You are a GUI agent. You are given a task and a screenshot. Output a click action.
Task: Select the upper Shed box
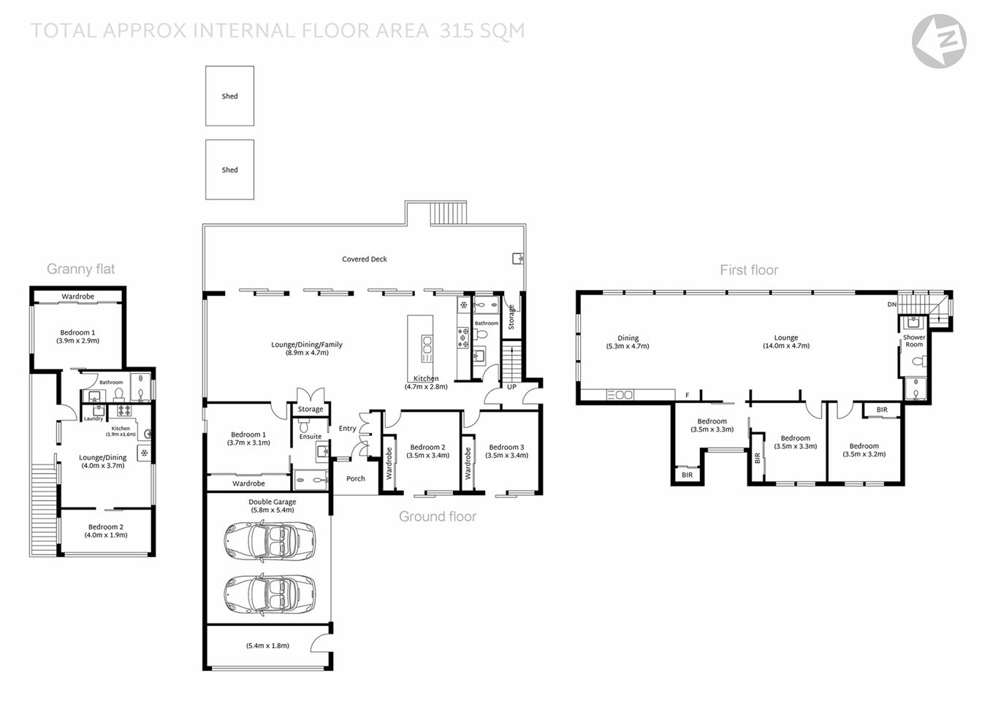[229, 96]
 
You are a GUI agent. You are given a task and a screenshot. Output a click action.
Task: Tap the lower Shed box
[229, 169]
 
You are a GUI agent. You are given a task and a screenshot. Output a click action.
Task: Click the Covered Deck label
[365, 259]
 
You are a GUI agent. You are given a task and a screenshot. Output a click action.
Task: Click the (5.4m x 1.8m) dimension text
[267, 646]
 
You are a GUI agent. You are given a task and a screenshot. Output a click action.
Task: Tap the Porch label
[356, 479]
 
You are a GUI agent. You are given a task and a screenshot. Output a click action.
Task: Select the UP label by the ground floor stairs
[511, 387]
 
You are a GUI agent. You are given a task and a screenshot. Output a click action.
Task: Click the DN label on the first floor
[891, 304]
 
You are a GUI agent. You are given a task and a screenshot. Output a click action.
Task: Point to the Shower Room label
[914, 341]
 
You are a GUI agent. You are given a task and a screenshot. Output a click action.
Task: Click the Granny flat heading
[80, 269]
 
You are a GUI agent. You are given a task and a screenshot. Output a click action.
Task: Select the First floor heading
[749, 270]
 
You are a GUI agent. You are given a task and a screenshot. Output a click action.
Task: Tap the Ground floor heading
[437, 517]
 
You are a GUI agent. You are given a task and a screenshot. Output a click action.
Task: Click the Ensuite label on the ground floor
[311, 437]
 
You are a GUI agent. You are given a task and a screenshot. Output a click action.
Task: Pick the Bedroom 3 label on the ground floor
[506, 448]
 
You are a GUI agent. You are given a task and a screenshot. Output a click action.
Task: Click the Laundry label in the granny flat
[94, 418]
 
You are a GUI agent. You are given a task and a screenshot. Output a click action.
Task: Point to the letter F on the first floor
[687, 396]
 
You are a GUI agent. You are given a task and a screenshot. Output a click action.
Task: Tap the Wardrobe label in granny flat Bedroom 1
[78, 296]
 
